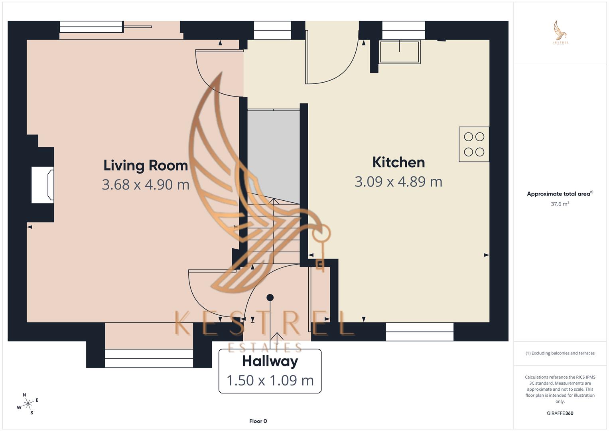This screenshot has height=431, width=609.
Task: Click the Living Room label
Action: click(146, 165)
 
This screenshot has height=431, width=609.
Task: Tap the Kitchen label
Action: click(398, 162)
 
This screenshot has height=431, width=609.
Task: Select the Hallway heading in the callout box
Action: click(270, 361)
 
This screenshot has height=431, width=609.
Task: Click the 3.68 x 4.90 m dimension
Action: click(146, 184)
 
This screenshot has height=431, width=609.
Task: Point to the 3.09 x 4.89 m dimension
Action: click(398, 182)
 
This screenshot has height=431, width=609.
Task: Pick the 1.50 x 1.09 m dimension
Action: click(270, 380)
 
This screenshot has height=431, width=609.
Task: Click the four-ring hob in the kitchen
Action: click(474, 144)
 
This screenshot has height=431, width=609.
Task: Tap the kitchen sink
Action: click(400, 52)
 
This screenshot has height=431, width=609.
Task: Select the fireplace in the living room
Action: click(43, 185)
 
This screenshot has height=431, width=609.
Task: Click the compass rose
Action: click(28, 404)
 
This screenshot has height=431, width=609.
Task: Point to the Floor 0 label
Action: click(258, 421)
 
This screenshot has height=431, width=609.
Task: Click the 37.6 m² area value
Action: click(560, 204)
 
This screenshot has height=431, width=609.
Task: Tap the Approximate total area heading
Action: click(560, 194)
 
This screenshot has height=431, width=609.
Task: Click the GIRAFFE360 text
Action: click(560, 413)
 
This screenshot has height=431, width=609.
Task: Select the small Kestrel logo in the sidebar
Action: click(560, 33)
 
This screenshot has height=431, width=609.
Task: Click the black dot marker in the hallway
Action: click(270, 297)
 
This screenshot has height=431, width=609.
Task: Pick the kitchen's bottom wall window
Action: click(420, 332)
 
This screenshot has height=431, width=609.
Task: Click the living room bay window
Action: click(149, 358)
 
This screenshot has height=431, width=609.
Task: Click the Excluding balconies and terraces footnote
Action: click(560, 353)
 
